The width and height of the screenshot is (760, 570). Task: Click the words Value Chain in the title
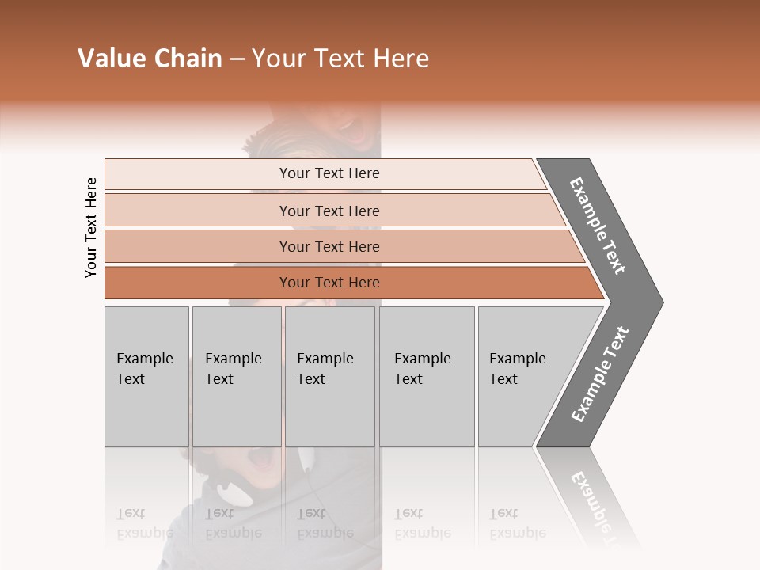coord(150,59)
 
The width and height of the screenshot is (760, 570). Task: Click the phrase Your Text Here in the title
coord(340,59)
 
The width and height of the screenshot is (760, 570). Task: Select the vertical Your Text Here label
coord(91,227)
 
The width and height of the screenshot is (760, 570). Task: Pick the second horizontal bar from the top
coord(329,211)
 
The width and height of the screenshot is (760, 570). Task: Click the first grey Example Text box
coord(146,376)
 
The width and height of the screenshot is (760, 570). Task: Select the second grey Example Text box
coord(236,376)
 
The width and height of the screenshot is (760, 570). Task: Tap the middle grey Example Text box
coord(329,376)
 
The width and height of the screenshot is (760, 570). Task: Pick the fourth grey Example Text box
coord(426,376)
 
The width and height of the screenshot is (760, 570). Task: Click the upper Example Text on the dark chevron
coord(598,226)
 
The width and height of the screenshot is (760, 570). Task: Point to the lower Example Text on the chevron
coord(600,374)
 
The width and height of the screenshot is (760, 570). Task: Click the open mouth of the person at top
coord(348,124)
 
